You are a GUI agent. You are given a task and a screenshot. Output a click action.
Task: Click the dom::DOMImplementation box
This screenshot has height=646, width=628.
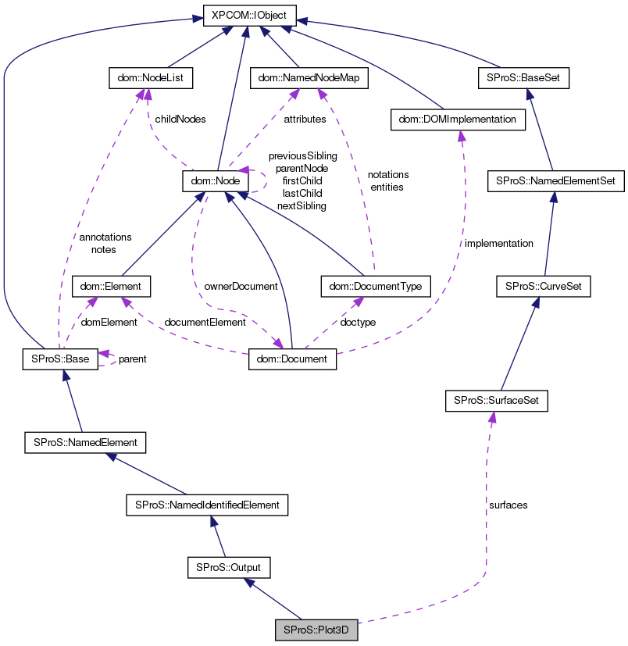[x=457, y=120]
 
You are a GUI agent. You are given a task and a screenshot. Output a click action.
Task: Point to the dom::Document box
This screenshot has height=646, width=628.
[x=293, y=359]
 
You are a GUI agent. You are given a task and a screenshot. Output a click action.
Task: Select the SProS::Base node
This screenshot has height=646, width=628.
[x=59, y=359]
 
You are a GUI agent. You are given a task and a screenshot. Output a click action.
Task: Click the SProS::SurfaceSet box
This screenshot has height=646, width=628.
[x=496, y=402]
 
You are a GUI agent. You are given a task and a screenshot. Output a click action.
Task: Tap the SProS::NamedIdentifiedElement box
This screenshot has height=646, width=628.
[x=207, y=505]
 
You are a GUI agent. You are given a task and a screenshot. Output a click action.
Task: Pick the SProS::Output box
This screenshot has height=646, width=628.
[x=229, y=567]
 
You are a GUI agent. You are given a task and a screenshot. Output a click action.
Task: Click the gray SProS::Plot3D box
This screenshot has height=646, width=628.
[x=316, y=630]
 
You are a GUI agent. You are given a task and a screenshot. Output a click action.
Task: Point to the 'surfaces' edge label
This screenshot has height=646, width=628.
[x=508, y=505]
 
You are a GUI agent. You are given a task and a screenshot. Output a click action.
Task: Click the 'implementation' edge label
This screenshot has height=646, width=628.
[x=498, y=243]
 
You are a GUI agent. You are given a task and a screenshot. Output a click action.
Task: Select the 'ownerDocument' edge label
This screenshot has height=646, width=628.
[x=241, y=286]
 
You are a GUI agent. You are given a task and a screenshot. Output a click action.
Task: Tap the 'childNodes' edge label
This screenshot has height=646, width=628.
[x=180, y=120]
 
